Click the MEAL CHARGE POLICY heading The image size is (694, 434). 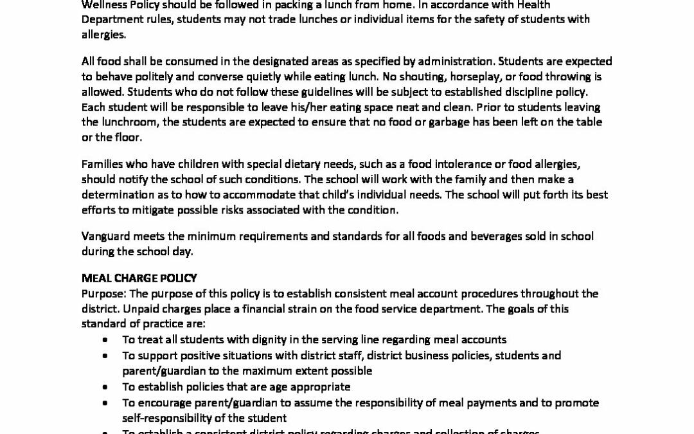(x=139, y=278)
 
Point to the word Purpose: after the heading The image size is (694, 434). (x=103, y=293)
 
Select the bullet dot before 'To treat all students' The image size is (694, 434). (x=105, y=339)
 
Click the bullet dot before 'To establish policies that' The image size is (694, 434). (x=105, y=387)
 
